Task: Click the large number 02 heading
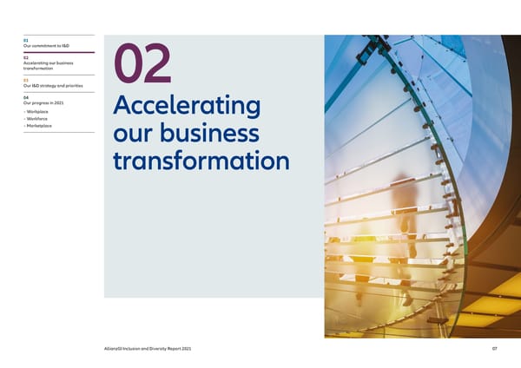(146, 66)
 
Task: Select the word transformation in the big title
(201, 162)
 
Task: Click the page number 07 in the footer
(492, 349)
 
